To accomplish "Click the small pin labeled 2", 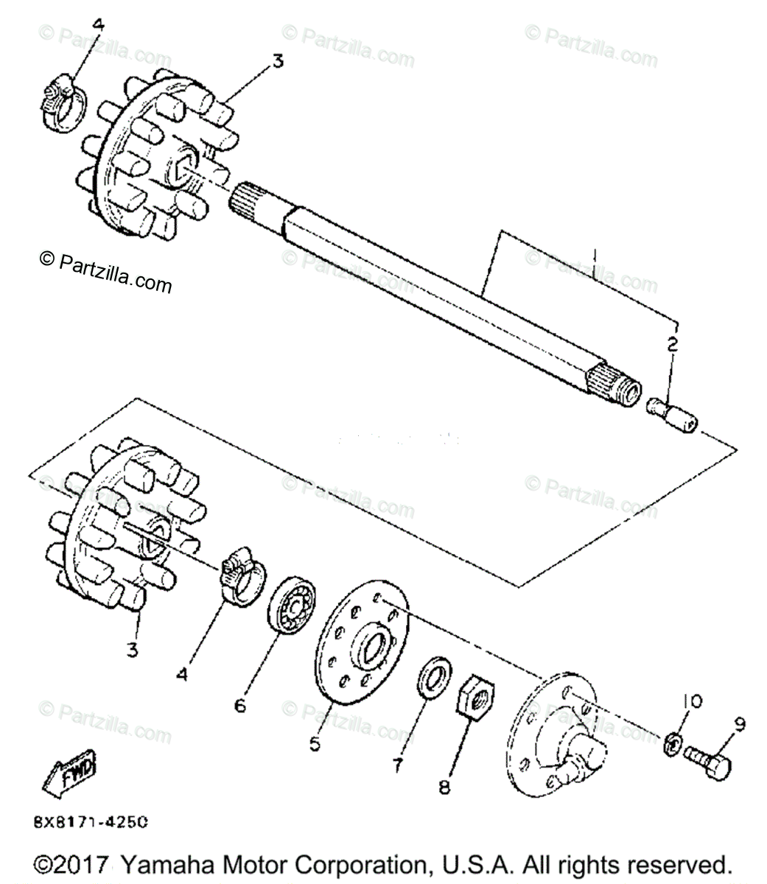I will point(671,413).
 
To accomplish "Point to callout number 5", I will point(315,744).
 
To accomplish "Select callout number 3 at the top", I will point(277,62).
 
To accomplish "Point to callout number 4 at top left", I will point(98,25).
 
